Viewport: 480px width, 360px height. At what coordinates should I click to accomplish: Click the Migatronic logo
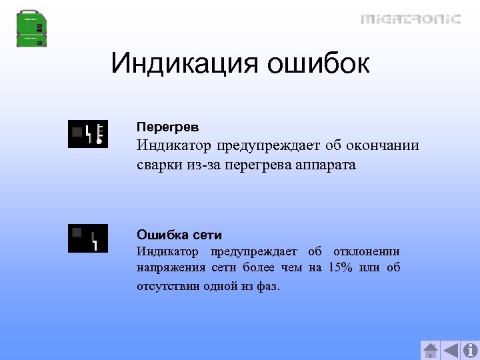point(411,19)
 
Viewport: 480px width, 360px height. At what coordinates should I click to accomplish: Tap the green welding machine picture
point(33,28)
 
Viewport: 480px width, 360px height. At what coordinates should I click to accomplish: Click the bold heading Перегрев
point(167,126)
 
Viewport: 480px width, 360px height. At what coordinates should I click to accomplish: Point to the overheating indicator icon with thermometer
point(87,134)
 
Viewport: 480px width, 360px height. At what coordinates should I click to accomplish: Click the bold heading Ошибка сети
point(179,235)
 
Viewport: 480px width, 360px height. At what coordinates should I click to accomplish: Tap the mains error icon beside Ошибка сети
point(87,238)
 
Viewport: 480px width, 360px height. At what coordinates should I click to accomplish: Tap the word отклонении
point(366,251)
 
